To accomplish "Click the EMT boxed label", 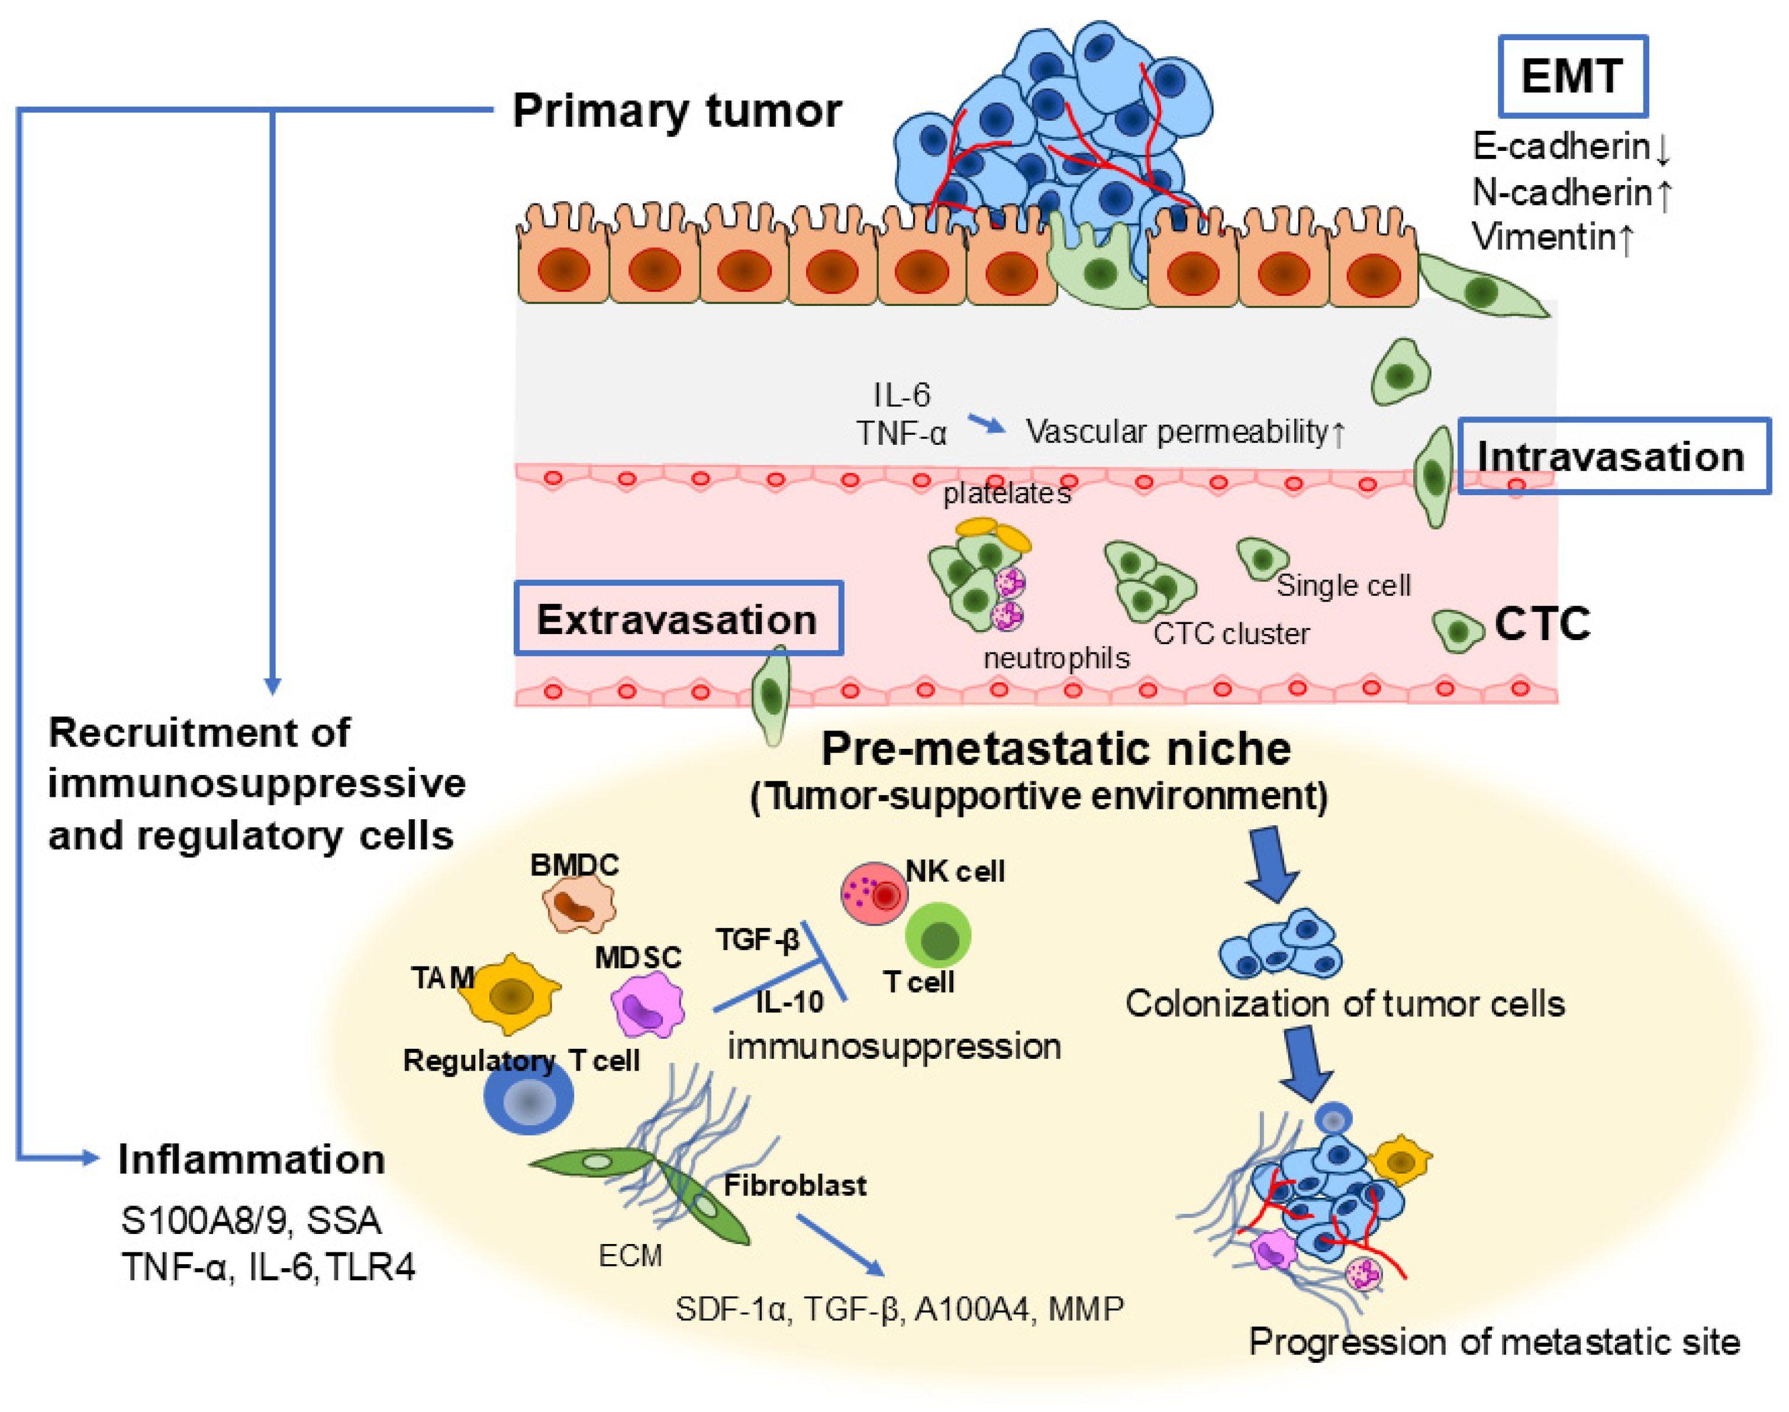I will click(x=1571, y=76).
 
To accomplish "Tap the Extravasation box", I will click(x=678, y=618).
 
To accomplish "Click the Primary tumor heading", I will click(x=676, y=110).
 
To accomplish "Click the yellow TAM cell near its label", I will click(x=509, y=994).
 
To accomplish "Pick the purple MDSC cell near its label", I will click(x=647, y=1004).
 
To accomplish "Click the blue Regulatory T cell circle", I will click(x=528, y=1098).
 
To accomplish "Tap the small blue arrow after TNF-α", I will click(x=986, y=424).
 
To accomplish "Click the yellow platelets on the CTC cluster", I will click(x=992, y=532).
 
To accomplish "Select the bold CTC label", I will click(x=1542, y=623).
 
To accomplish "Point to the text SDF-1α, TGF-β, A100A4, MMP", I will click(x=899, y=1308).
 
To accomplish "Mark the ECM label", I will click(x=630, y=1256).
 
